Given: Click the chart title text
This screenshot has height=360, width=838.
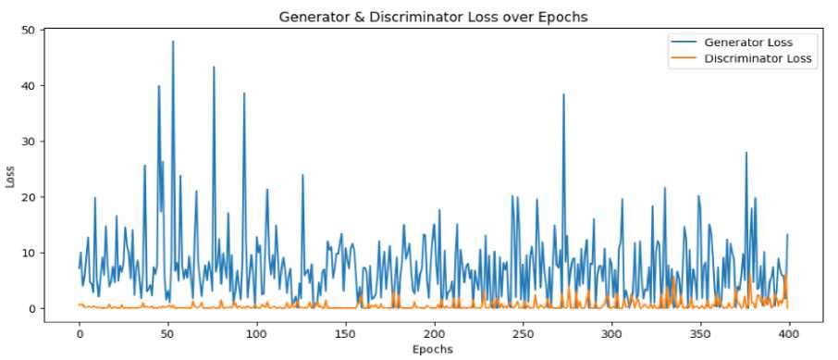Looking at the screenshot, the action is (434, 17).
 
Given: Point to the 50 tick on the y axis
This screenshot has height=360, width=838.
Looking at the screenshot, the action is (29, 30).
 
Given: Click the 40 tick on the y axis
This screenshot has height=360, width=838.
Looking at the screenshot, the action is (29, 85).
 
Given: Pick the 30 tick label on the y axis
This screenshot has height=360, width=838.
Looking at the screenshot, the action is (29, 142).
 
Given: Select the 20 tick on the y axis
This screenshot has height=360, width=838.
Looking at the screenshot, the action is (29, 197).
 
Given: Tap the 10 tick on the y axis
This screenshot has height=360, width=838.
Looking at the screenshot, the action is (29, 253).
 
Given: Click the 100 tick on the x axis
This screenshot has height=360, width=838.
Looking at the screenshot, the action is (257, 335).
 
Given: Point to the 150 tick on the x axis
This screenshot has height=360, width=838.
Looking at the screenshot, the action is (346, 335).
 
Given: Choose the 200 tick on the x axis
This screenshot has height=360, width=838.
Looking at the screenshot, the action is (435, 335).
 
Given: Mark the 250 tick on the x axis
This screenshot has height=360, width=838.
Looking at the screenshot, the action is (524, 335).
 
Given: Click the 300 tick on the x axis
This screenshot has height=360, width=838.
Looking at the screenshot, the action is (612, 335).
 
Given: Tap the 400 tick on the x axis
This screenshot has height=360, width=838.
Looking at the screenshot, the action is (789, 335).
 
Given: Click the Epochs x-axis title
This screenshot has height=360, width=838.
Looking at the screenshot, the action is (433, 350).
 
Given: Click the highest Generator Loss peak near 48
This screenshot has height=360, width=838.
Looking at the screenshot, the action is (173, 42).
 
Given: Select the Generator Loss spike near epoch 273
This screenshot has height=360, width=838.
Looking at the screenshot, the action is (563, 94).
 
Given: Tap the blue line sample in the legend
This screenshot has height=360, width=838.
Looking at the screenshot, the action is (684, 43).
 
